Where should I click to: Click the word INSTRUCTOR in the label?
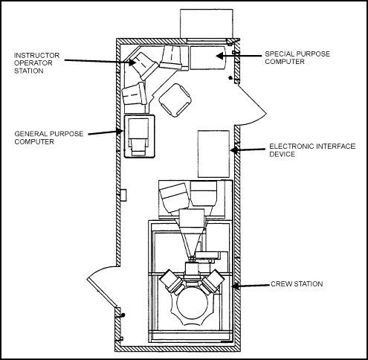pyautogui.click(x=36, y=55)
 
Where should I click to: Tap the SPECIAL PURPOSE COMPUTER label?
pyautogui.click(x=297, y=57)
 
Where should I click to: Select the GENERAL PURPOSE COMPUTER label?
pyautogui.click(x=49, y=138)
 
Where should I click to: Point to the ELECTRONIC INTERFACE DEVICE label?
pyautogui.click(x=312, y=150)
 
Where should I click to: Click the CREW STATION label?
pyautogui.click(x=297, y=283)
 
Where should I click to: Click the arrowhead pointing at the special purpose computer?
pyautogui.click(x=219, y=56)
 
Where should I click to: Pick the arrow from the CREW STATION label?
pyautogui.click(x=251, y=286)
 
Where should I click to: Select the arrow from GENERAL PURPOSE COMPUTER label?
pyautogui.click(x=106, y=132)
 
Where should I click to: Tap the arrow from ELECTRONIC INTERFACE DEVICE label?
pyautogui.click(x=248, y=150)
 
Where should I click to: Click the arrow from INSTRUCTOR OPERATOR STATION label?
pyautogui.click(x=100, y=61)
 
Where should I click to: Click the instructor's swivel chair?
pyautogui.click(x=175, y=100)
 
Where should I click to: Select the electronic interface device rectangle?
pyautogui.click(x=213, y=154)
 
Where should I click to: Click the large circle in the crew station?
pyautogui.click(x=193, y=303)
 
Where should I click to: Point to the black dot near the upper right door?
pyautogui.click(x=230, y=78)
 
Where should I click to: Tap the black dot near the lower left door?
pyautogui.click(x=123, y=315)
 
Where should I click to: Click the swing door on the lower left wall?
pyautogui.click(x=102, y=292)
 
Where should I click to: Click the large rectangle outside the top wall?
pyautogui.click(x=207, y=24)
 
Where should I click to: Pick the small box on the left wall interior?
pyautogui.click(x=123, y=195)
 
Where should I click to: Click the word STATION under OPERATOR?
pyautogui.click(x=29, y=71)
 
